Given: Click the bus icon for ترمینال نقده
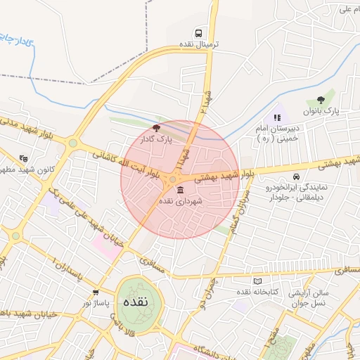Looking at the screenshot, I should click(200, 33).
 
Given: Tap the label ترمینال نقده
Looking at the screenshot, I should click(200, 44).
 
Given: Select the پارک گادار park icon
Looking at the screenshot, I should click(156, 129).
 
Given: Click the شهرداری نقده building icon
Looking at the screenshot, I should click(180, 191).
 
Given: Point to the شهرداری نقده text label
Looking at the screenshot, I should click(181, 202).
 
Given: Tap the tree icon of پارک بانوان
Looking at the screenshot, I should click(321, 100).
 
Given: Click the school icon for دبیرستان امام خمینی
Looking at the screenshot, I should click(276, 117).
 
